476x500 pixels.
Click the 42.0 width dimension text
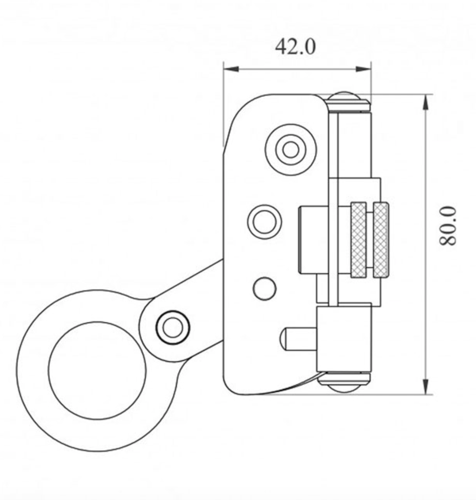[295, 47]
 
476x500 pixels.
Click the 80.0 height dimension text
[447, 226]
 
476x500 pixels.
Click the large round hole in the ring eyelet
[97, 370]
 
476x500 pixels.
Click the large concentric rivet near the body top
[291, 150]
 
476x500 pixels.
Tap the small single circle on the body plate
[264, 288]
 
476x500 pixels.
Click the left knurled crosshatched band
[359, 240]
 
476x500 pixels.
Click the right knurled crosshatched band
[381, 240]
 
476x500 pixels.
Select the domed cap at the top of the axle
[348, 101]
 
